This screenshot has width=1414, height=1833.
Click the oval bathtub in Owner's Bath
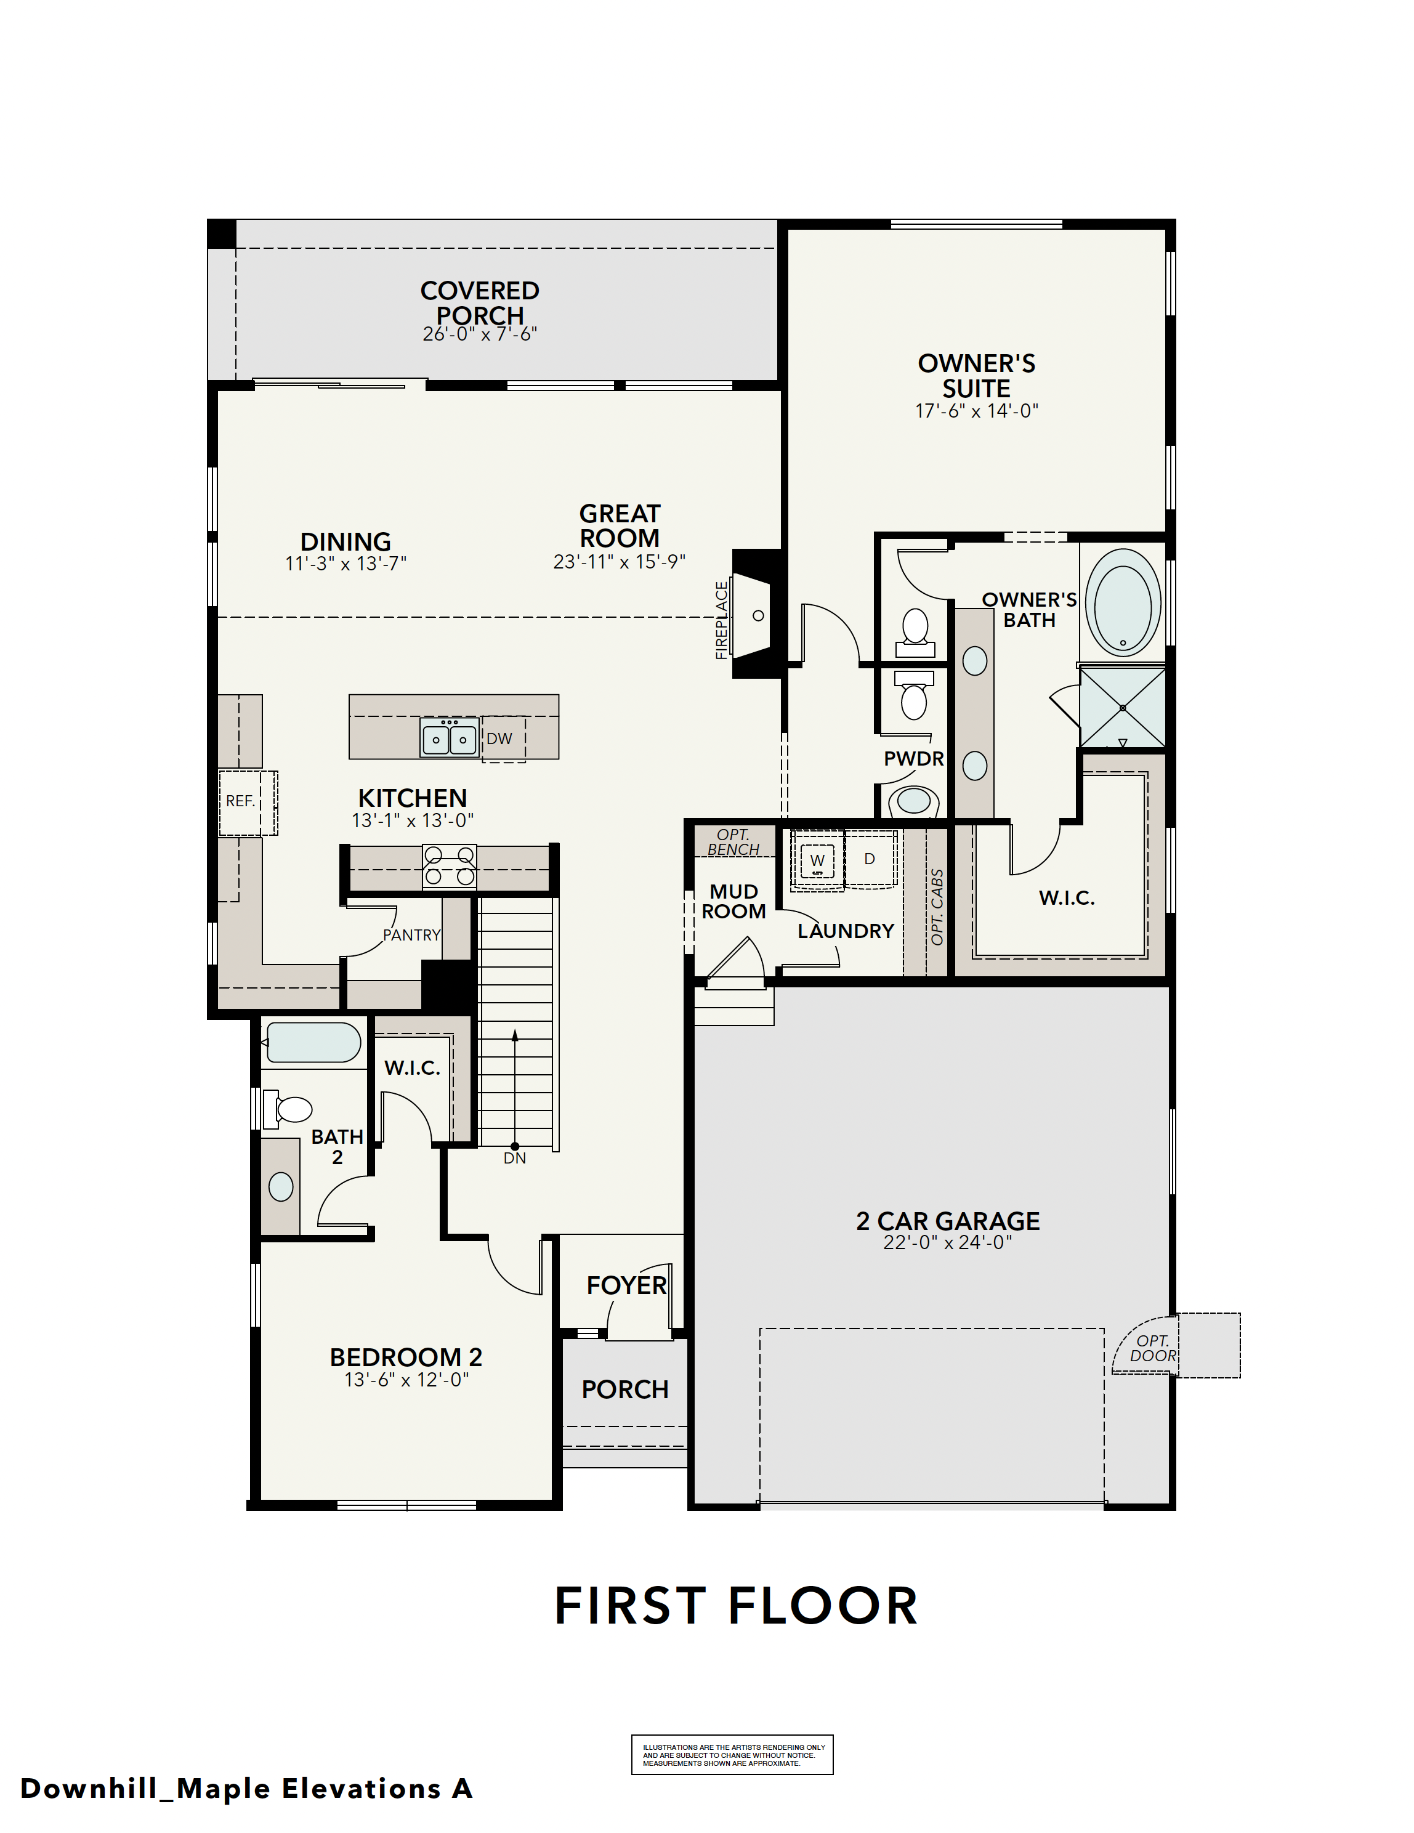point(1123,602)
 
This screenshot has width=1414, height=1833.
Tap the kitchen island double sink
point(449,738)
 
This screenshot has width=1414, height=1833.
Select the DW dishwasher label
point(499,738)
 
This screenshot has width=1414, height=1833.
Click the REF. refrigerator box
point(248,803)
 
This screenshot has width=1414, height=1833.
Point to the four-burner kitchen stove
point(450,867)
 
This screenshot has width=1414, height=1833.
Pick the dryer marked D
point(870,859)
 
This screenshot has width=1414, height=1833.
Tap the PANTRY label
point(411,935)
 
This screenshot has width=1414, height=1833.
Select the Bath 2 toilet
point(287,1109)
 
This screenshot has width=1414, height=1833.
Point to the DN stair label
point(514,1158)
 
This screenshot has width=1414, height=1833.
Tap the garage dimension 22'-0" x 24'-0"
point(947,1242)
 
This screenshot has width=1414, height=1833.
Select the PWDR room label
point(913,759)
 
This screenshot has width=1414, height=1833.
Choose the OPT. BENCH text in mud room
point(733,842)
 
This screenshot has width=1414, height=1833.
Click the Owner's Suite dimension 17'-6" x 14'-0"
point(977,410)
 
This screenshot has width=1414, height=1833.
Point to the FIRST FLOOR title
point(736,1606)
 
